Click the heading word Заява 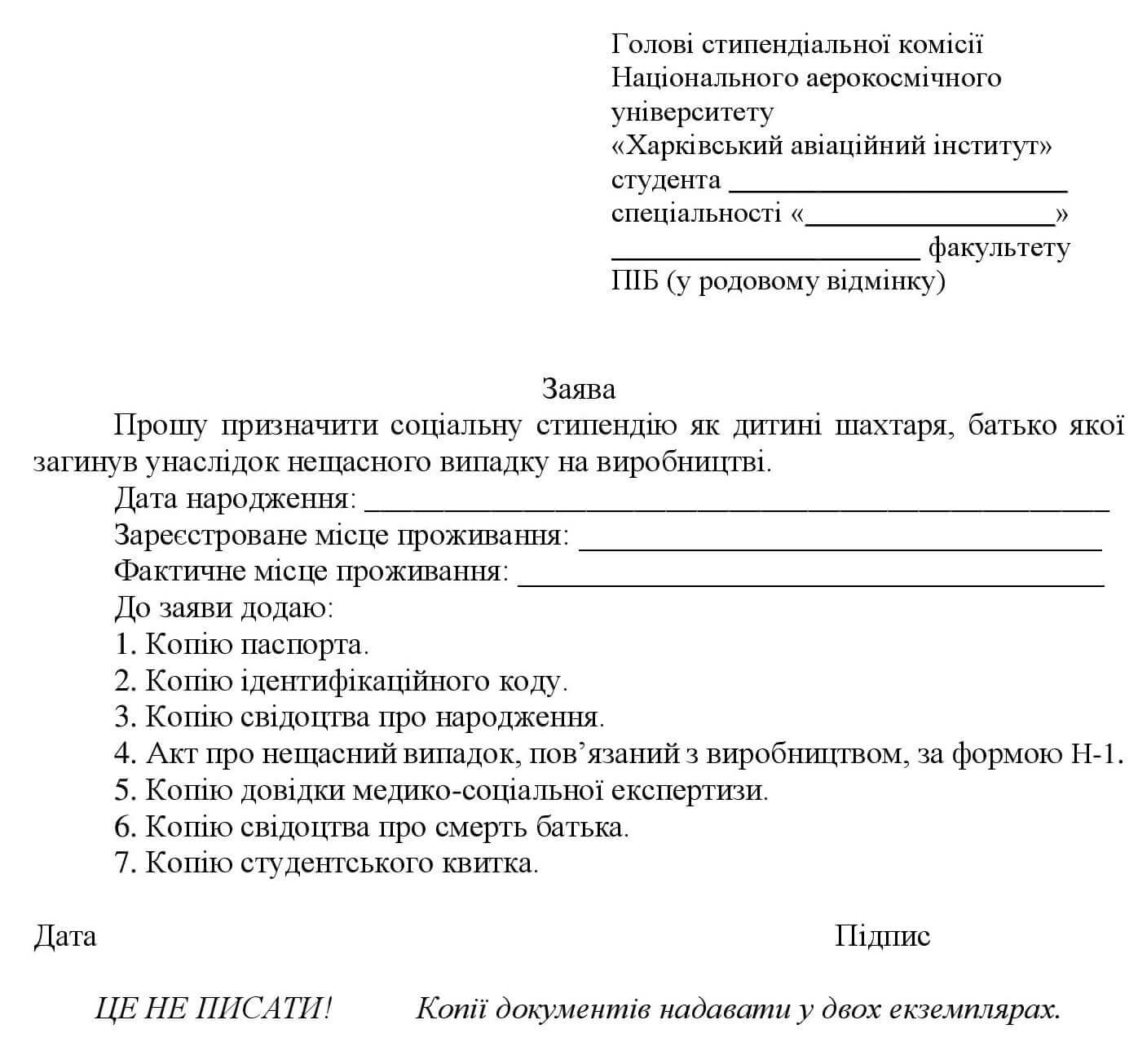pos(579,389)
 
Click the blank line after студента pos(898,186)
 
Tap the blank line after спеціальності pos(929,220)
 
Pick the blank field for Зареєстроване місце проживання pos(840,543)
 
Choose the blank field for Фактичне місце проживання pos(810,579)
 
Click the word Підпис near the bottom pos(882,936)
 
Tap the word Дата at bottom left pos(64,936)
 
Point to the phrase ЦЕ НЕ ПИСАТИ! pos(214,1010)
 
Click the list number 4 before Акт pos(124,753)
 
